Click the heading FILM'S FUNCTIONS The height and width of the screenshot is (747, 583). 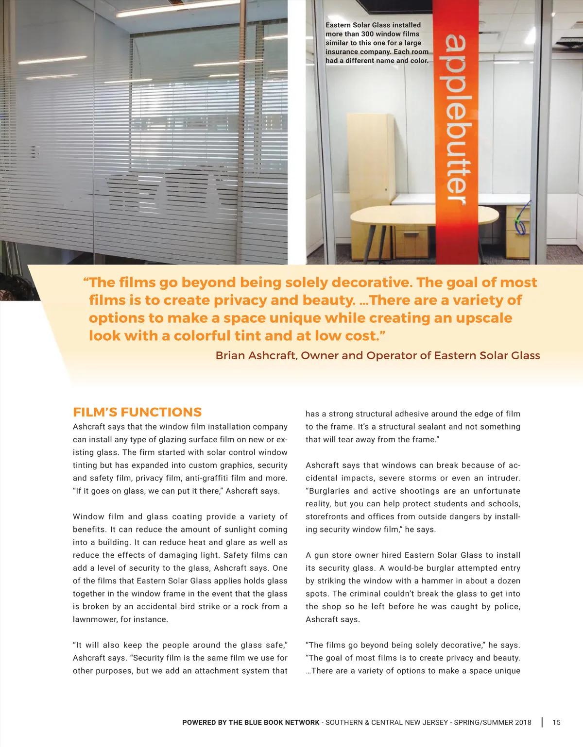click(137, 412)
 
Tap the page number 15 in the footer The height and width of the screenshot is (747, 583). click(556, 722)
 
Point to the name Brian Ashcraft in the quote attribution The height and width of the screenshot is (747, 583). click(256, 355)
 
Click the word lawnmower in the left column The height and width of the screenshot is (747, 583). click(94, 619)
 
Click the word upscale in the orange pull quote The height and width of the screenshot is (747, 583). click(483, 318)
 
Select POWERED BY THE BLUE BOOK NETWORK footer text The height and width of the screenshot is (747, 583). click(251, 722)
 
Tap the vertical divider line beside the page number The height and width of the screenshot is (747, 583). click(542, 722)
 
